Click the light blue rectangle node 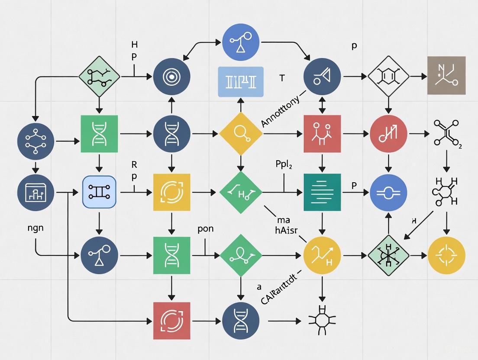[240, 81]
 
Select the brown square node [446, 75]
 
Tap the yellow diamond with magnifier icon [241, 134]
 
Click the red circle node [388, 134]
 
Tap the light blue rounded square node [100, 192]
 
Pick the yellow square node [172, 192]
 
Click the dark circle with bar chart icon [36, 192]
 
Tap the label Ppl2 [284, 165]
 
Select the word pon [205, 229]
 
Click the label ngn [35, 228]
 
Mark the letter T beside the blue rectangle [282, 78]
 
